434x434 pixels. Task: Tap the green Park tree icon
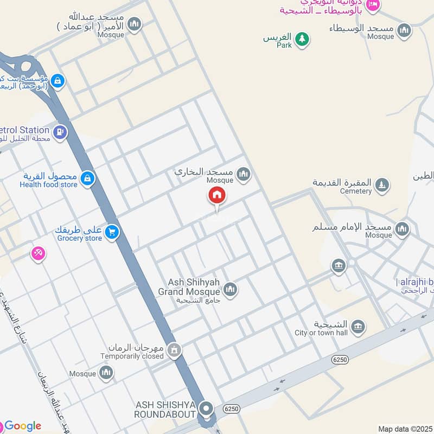point(302,39)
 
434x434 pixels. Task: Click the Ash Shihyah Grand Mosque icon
point(230,290)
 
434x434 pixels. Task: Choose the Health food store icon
point(87,178)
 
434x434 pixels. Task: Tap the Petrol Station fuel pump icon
point(60,131)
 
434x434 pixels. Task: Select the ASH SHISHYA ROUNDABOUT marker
point(206,408)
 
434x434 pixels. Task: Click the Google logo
point(23,426)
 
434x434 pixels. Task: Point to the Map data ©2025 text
point(405,429)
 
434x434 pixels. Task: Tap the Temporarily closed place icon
point(174,350)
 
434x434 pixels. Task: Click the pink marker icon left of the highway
point(37,253)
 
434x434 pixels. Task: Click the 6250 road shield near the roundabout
point(231,409)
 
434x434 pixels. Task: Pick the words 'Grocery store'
point(79,238)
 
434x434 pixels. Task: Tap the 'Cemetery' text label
point(355,191)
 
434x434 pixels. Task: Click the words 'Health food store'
point(48,184)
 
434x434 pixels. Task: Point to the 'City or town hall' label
point(321,333)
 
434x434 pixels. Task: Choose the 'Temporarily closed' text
point(132,356)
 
